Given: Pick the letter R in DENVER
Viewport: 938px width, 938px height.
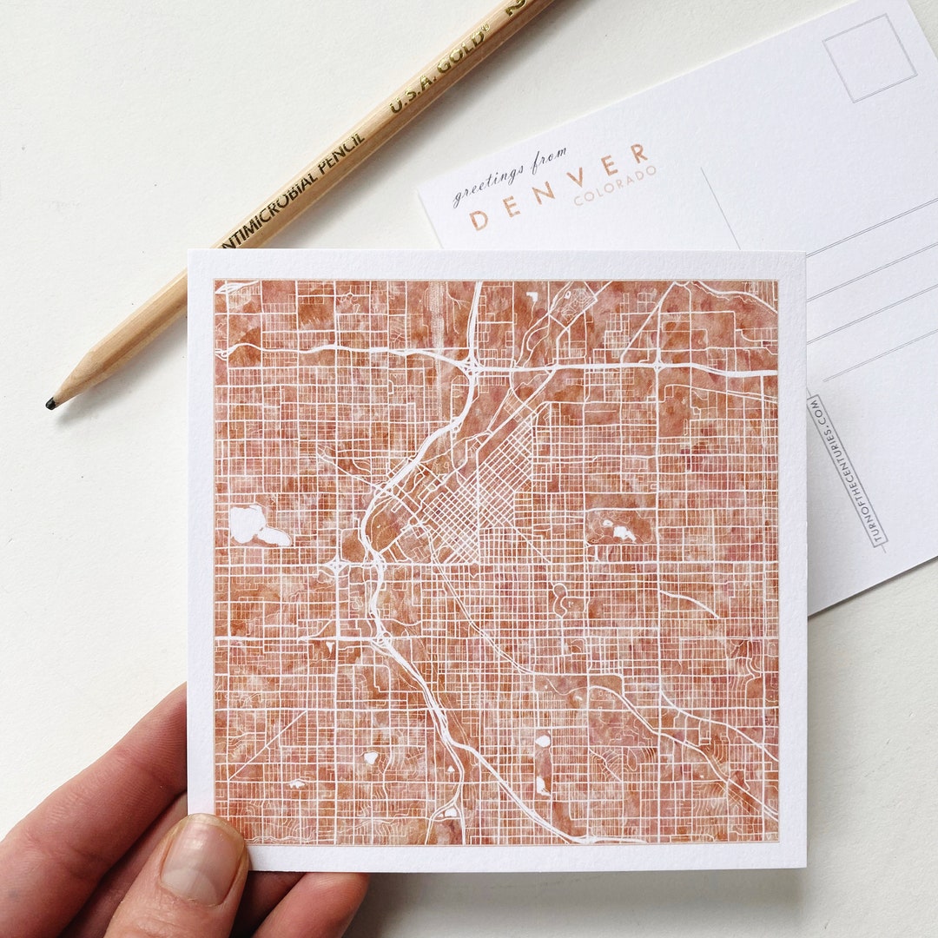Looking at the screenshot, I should click(x=639, y=155).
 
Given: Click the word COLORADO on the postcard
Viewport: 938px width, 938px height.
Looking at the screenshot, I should click(x=615, y=185).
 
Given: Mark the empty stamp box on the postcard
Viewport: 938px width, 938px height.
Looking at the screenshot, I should click(x=869, y=57).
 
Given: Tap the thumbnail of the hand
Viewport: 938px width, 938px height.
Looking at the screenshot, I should click(x=202, y=860).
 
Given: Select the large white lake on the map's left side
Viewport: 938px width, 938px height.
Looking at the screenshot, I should click(x=249, y=525).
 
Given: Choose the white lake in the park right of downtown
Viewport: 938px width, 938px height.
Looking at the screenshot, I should click(x=622, y=532).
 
